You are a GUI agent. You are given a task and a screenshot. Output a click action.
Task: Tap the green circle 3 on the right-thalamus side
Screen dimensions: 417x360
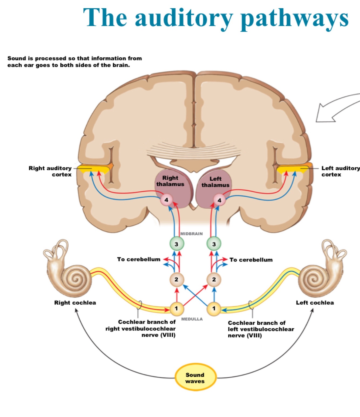pos(176,244)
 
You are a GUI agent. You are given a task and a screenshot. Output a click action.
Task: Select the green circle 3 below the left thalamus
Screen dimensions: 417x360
pos(214,244)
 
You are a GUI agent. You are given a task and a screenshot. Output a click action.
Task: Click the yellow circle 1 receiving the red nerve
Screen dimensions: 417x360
pos(176,308)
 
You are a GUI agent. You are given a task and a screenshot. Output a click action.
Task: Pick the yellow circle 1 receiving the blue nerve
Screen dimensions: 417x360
pos(214,308)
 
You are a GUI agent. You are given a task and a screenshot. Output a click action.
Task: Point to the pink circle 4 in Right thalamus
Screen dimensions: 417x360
pos(167,200)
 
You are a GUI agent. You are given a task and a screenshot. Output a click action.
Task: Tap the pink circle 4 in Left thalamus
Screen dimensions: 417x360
pos(219,200)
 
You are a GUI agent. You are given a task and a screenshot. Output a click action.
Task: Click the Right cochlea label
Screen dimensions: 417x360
pos(75,303)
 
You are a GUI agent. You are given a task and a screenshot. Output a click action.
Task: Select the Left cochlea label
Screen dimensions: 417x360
pos(315,303)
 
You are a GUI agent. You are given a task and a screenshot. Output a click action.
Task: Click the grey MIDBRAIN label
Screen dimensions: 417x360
pos(191,234)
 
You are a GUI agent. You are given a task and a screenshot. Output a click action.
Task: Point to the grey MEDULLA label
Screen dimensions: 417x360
pos(192,319)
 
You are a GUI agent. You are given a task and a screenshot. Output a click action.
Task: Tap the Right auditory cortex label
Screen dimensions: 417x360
pos(50,171)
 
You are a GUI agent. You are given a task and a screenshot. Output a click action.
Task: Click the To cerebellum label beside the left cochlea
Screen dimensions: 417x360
pos(251,260)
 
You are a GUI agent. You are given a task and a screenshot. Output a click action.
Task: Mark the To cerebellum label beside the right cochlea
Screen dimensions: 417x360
pos(139,259)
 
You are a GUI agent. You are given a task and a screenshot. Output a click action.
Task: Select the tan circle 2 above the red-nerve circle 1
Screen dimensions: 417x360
pos(176,280)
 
